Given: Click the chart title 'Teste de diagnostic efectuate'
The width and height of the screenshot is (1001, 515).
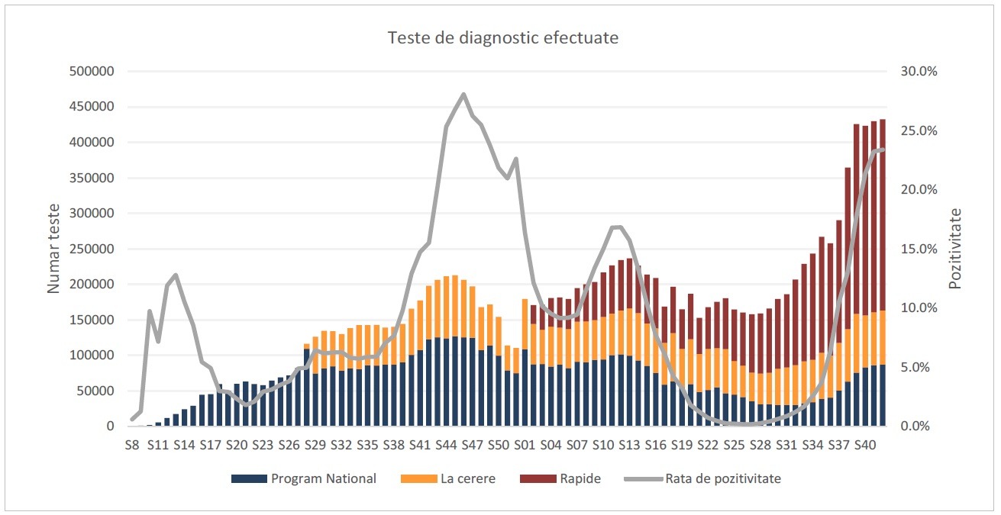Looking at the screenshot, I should [x=502, y=37].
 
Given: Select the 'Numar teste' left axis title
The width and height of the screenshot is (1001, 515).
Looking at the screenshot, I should [x=53, y=249].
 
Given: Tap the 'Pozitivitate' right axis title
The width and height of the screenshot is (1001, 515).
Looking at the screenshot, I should [x=954, y=249].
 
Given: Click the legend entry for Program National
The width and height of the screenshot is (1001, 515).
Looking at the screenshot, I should [x=323, y=479].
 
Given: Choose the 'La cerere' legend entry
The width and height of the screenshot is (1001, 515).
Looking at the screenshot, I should [x=467, y=479].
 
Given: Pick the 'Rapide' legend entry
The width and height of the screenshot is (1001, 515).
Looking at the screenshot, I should [x=580, y=479].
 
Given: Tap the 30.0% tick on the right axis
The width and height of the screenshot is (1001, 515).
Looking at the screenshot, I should [x=918, y=72].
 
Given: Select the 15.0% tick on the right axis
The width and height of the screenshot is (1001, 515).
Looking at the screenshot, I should [x=918, y=249].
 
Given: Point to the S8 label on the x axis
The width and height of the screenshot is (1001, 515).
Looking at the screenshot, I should [x=132, y=445].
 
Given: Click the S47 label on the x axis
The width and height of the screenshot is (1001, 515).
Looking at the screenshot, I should [x=472, y=445].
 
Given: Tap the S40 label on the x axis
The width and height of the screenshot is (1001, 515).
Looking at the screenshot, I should [x=864, y=445].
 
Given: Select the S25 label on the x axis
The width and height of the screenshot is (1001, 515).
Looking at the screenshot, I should [x=734, y=445].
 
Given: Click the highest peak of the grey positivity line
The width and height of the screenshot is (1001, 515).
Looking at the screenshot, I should [x=463, y=95].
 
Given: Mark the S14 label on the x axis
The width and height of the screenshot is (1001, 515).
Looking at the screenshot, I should [x=184, y=445].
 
